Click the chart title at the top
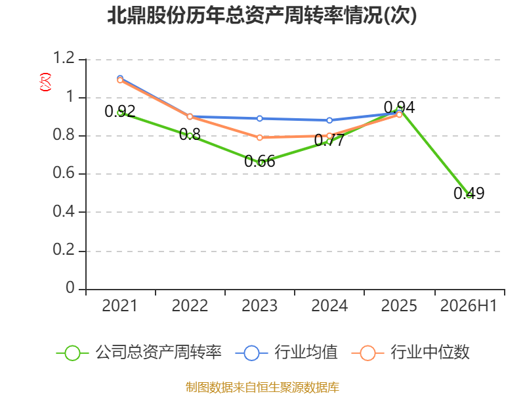pos(262,15)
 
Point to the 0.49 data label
pos(469,193)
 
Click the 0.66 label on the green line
pos(259,162)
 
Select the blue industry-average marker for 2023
pos(259,119)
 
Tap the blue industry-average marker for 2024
pos(329,120)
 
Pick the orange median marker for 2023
pos(259,138)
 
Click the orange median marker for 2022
pos(190,117)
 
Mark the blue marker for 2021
pos(120,78)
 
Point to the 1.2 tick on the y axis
pos(64,58)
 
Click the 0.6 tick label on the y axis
pos(64,173)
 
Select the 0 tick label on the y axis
pos(70,288)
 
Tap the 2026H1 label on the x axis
pos(469,305)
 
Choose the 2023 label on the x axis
pos(259,305)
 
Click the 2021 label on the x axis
pos(120,305)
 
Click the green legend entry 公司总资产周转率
pos(138,353)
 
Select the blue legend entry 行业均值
pos(287,353)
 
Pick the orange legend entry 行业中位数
pos(411,353)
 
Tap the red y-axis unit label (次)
pos(45,82)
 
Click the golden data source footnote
pos(262,387)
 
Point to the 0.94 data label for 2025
pos(399,108)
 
